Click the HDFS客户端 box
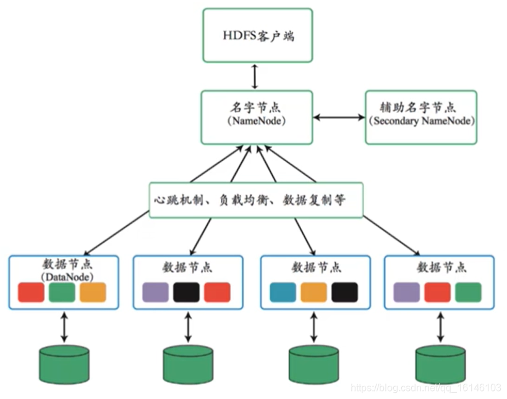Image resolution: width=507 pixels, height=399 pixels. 258,35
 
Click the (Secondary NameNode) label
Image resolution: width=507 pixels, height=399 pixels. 422,121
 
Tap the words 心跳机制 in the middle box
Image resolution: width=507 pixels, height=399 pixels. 177,200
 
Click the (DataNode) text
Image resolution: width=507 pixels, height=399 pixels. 62,277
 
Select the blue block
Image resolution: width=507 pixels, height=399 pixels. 283,292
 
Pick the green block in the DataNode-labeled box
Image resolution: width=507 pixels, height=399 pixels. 62,292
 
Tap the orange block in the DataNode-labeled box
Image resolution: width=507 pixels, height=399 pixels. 93,292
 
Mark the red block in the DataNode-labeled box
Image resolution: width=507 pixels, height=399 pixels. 32,292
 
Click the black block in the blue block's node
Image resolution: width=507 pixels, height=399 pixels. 344,292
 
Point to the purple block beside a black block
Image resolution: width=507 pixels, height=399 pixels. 155,292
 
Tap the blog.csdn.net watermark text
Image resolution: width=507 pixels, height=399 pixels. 426,388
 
